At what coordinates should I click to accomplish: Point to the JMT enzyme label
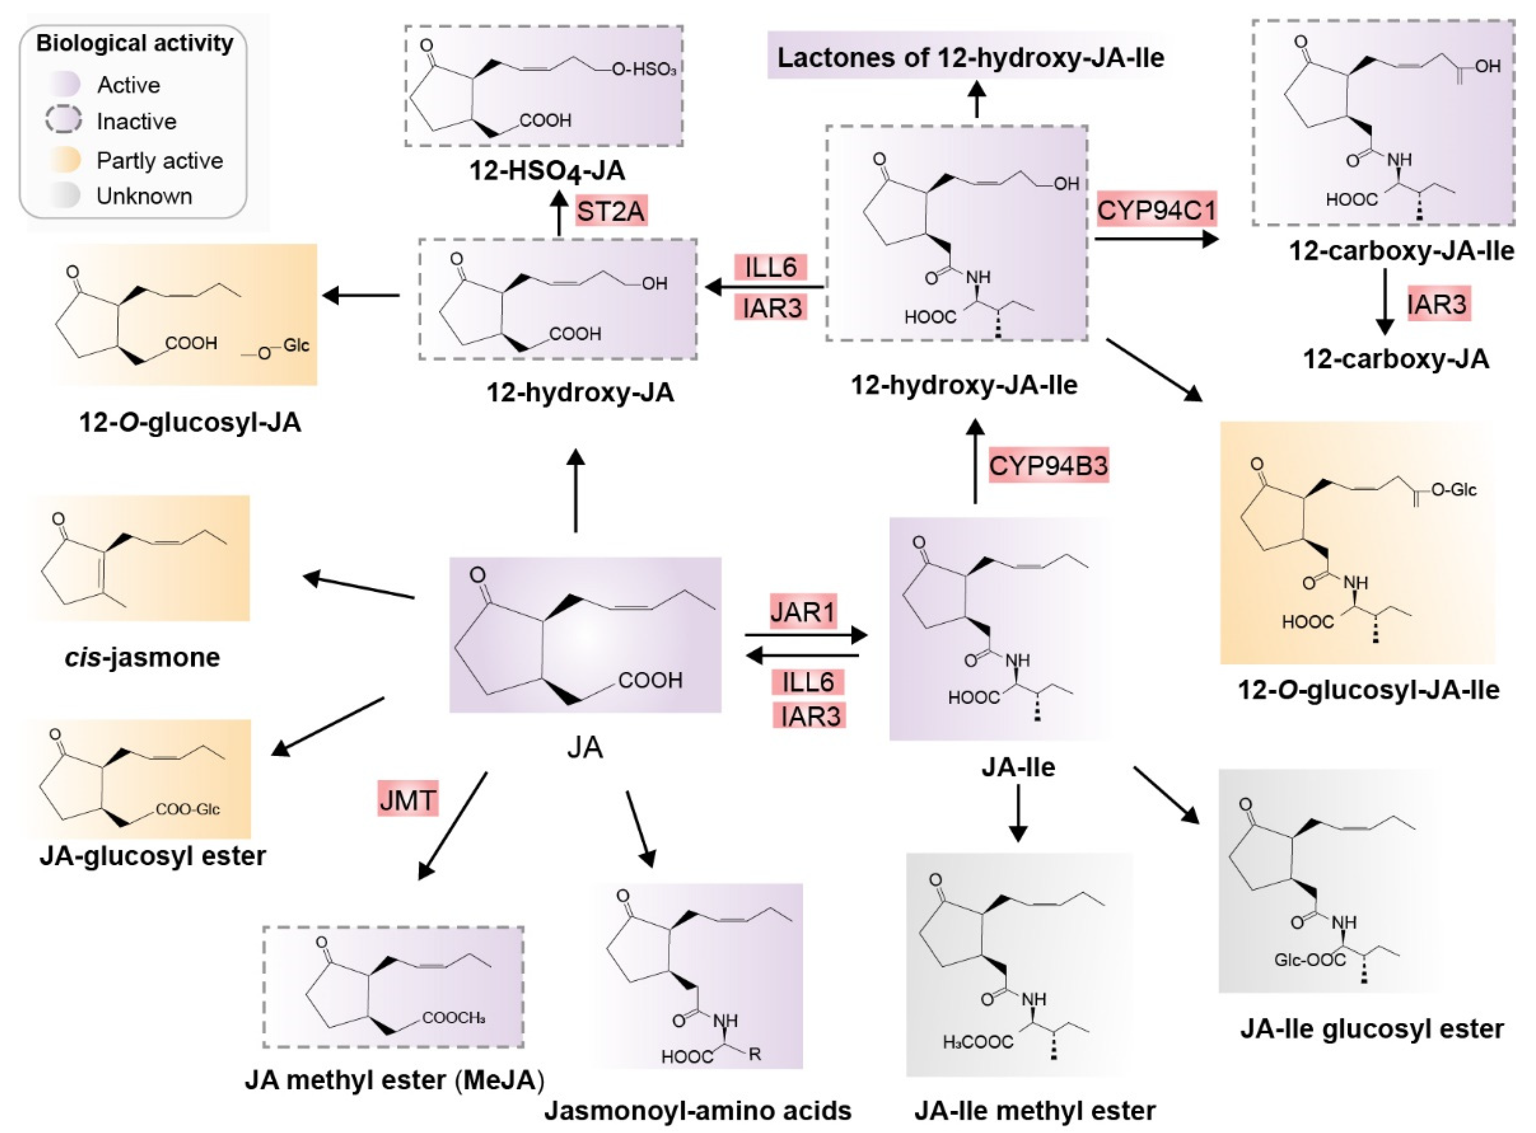(407, 799)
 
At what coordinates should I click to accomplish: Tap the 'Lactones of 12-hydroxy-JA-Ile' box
(970, 58)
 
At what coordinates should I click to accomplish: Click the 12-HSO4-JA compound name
(547, 170)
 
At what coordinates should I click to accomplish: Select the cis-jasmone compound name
(143, 657)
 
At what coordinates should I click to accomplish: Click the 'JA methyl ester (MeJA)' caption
(394, 1080)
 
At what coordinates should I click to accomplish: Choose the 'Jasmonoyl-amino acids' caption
(698, 1110)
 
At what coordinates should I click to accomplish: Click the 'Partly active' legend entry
(159, 161)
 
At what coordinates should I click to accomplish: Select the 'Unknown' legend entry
(144, 196)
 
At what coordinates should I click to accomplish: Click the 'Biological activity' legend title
(134, 43)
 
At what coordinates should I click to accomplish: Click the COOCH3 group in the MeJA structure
(453, 1018)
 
